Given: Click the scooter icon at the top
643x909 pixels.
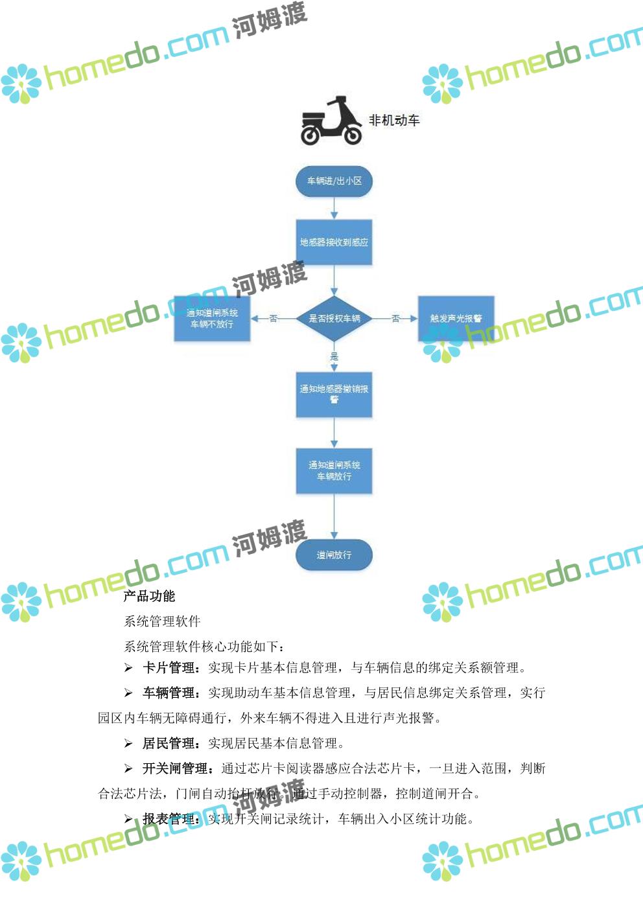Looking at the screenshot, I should click(331, 121).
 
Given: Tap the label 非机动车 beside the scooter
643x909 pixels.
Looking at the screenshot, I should click(394, 120).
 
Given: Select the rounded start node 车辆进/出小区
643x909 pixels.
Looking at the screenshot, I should click(334, 181).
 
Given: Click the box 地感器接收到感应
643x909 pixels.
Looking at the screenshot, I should click(334, 242).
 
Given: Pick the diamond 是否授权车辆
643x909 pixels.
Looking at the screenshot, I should click(334, 318).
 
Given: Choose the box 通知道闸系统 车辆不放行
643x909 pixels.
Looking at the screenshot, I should click(212, 318).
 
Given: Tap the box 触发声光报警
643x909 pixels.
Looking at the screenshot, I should click(456, 318).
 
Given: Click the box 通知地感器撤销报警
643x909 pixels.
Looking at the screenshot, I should click(334, 394).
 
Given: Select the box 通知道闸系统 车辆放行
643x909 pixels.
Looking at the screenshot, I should click(334, 470).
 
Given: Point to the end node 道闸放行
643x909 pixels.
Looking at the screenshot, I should click(334, 555).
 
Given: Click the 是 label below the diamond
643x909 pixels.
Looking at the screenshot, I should click(334, 356).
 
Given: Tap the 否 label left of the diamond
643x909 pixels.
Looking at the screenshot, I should click(273, 318).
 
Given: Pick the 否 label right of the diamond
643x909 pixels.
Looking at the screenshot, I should click(395, 318).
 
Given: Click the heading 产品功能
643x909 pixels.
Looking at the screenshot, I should click(149, 596).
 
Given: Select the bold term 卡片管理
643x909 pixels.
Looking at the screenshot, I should click(169, 668).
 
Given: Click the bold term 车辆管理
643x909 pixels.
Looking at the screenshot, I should click(169, 693).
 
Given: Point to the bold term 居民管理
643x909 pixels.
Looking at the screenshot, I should click(169, 744).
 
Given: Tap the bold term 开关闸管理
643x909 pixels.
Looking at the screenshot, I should click(175, 769).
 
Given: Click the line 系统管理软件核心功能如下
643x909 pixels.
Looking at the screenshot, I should click(204, 647).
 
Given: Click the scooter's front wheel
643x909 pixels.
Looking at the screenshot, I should click(352, 135).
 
